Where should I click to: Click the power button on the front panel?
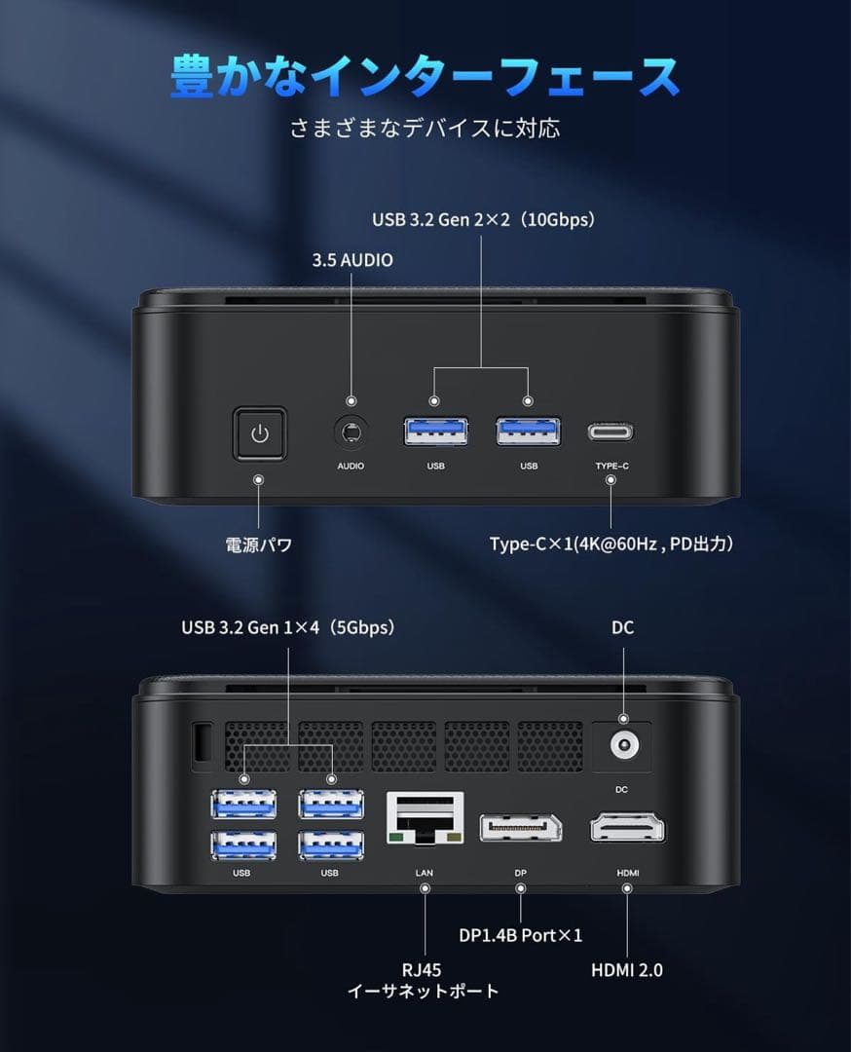point(259,433)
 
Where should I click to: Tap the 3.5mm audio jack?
point(351,432)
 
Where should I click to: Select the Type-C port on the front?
point(610,432)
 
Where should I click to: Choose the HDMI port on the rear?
point(627,829)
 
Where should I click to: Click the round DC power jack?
point(622,747)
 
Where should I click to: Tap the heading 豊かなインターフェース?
point(425,77)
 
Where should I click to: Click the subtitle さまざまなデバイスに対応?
point(425,129)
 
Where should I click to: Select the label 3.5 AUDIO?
point(352,260)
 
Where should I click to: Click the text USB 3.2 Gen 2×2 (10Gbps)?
point(483,220)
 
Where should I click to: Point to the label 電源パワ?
point(259,545)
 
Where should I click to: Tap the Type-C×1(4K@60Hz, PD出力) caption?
point(610,545)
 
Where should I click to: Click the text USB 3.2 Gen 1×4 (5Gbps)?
point(288,628)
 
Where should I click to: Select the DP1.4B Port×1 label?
point(520,935)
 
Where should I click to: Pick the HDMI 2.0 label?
point(627,970)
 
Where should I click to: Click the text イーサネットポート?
point(424,992)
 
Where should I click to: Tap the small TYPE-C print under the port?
point(611,467)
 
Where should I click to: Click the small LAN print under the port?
point(424,873)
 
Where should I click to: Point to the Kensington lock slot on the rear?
point(202,742)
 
